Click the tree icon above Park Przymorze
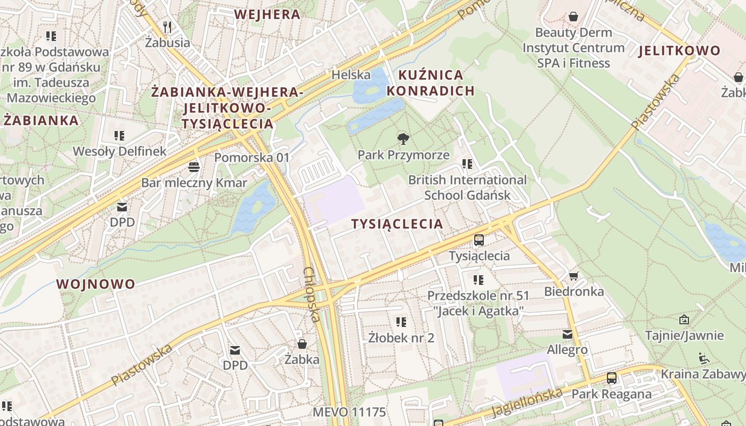point(403,139)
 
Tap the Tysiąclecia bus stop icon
point(479,240)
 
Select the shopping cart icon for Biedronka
point(573,276)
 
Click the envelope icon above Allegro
point(567,334)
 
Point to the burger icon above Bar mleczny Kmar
point(194,167)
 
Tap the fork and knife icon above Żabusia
point(167,27)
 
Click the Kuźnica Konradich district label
point(431,83)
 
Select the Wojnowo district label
point(96,284)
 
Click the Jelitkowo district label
point(679,51)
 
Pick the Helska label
point(351,75)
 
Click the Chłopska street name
point(311,294)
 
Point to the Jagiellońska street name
point(526,403)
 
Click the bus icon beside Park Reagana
point(611,379)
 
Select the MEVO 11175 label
point(349,412)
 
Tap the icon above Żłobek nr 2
point(401,322)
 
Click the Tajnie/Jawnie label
point(684,335)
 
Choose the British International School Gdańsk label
point(467,187)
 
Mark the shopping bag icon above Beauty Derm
point(573,17)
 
